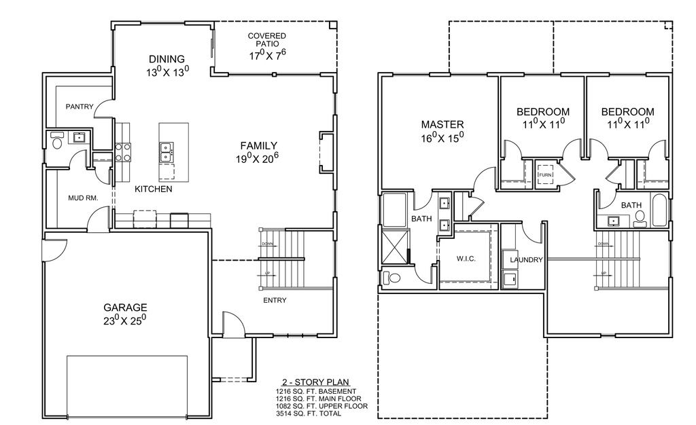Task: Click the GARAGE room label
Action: (125, 308)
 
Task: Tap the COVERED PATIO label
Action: (266, 40)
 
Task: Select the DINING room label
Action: (167, 59)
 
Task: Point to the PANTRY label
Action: (80, 107)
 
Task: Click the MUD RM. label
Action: (84, 198)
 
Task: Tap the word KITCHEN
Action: (153, 189)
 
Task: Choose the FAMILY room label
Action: (259, 145)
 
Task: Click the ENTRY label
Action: (275, 300)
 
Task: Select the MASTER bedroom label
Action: (442, 125)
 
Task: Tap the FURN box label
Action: (545, 175)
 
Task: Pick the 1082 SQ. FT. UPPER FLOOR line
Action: (321, 406)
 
